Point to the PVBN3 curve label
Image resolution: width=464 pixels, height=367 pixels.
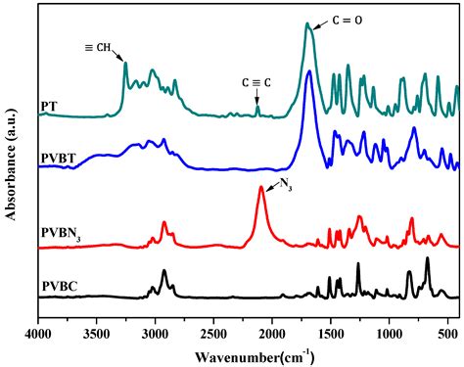(61, 232)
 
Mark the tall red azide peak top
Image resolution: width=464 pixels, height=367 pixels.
(261, 188)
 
